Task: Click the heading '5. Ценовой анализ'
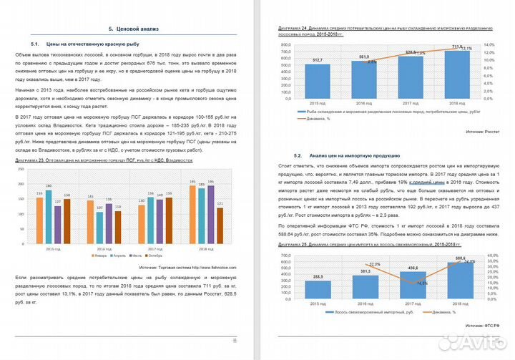133,29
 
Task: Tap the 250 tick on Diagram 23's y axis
23,175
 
